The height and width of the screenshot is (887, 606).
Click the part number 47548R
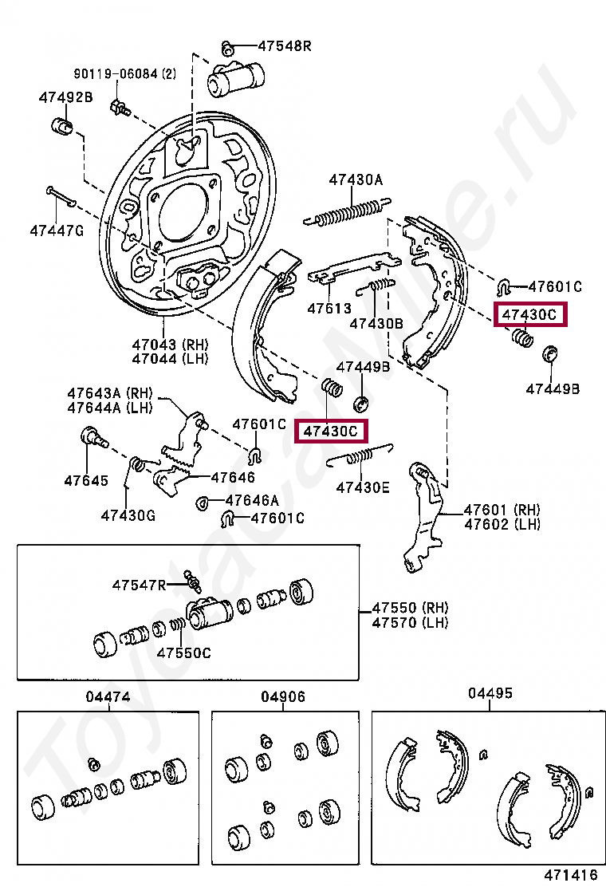tap(285, 45)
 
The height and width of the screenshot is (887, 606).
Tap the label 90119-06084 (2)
tap(125, 73)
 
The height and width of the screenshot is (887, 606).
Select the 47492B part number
tap(65, 97)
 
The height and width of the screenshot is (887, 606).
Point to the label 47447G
tap(57, 231)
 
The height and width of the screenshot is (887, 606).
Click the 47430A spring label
tap(356, 180)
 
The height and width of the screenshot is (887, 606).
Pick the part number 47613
tap(329, 309)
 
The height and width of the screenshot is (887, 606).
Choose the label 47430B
tap(376, 324)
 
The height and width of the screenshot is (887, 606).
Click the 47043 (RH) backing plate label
tap(170, 345)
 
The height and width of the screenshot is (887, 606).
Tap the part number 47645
tap(86, 481)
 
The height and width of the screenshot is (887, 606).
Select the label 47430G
tap(128, 515)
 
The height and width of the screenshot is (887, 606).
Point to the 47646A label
tap(252, 500)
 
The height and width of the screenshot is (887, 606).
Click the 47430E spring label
tap(363, 487)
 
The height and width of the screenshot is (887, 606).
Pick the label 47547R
tap(139, 585)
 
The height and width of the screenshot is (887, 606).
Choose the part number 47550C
tap(183, 652)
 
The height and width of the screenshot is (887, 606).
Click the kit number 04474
tap(108, 697)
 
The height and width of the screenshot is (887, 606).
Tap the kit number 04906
tap(283, 697)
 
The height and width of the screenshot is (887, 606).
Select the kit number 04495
tap(490, 693)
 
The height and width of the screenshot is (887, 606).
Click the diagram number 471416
tap(571, 875)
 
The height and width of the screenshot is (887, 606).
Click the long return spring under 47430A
tap(347, 213)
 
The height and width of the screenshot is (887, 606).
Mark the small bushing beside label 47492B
tap(62, 125)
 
